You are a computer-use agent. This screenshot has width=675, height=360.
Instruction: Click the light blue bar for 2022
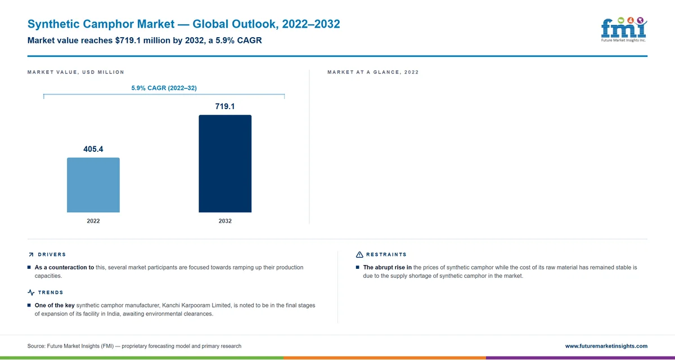coord(93,185)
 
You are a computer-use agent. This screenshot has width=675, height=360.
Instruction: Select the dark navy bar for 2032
coord(225,164)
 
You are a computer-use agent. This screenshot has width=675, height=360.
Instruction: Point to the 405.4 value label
coord(93,149)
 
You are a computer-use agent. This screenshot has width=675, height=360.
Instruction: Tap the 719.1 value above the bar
coord(225,106)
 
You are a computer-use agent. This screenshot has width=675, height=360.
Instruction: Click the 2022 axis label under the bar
coord(93,221)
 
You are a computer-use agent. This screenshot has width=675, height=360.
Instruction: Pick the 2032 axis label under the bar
coord(225,221)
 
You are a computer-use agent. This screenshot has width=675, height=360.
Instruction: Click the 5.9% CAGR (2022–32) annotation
coord(164,88)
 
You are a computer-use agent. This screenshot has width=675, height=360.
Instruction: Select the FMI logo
coord(624,29)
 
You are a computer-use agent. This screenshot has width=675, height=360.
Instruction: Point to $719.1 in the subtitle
coord(128,40)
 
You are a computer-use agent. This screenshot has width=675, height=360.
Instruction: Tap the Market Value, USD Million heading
coord(75,73)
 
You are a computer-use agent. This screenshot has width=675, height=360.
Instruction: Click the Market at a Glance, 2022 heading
coord(373,73)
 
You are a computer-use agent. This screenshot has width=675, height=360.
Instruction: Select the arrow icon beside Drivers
coord(31,255)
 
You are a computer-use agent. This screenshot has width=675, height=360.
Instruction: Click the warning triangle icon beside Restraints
coord(359,255)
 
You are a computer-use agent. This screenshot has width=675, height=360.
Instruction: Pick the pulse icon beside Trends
coord(31,292)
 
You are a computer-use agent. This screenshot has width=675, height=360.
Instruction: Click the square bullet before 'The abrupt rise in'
coord(358,267)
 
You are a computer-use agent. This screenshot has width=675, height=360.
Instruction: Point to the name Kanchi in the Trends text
coord(171,305)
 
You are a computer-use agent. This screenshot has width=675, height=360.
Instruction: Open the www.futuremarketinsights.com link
coord(606,346)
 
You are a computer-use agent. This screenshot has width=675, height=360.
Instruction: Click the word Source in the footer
coord(36,346)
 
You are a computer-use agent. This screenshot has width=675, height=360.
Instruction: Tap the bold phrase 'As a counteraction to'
coord(64,268)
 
